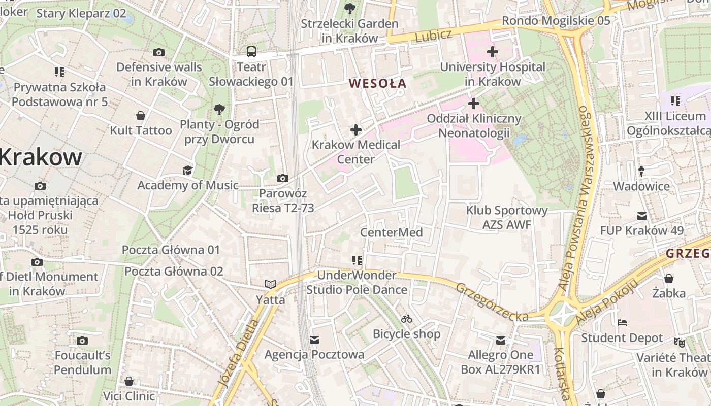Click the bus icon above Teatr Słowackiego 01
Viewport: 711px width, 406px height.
click(x=251, y=52)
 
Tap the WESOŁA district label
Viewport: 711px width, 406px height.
click(x=378, y=84)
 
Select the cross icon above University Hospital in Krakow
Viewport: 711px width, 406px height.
click(x=492, y=52)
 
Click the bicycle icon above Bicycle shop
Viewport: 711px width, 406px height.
click(x=406, y=319)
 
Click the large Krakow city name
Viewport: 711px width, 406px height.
click(x=41, y=157)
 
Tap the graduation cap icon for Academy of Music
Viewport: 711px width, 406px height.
click(x=187, y=170)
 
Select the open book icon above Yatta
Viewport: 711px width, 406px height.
click(x=271, y=285)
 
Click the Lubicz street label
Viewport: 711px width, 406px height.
click(x=433, y=36)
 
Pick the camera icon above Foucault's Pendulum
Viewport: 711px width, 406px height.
click(x=82, y=341)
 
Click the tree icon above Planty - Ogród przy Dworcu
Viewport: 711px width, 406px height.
click(x=219, y=109)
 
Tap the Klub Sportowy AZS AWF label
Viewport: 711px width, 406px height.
click(x=506, y=217)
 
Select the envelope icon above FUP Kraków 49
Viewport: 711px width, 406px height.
click(x=642, y=216)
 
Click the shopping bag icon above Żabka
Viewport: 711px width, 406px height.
click(x=669, y=279)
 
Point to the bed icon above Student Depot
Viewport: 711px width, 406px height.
click(x=622, y=323)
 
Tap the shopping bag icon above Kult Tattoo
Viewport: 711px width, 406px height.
click(x=141, y=116)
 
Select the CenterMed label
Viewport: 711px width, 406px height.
click(x=391, y=232)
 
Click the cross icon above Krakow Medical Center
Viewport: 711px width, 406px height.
click(x=356, y=130)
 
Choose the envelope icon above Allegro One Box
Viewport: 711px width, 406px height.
click(x=501, y=340)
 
